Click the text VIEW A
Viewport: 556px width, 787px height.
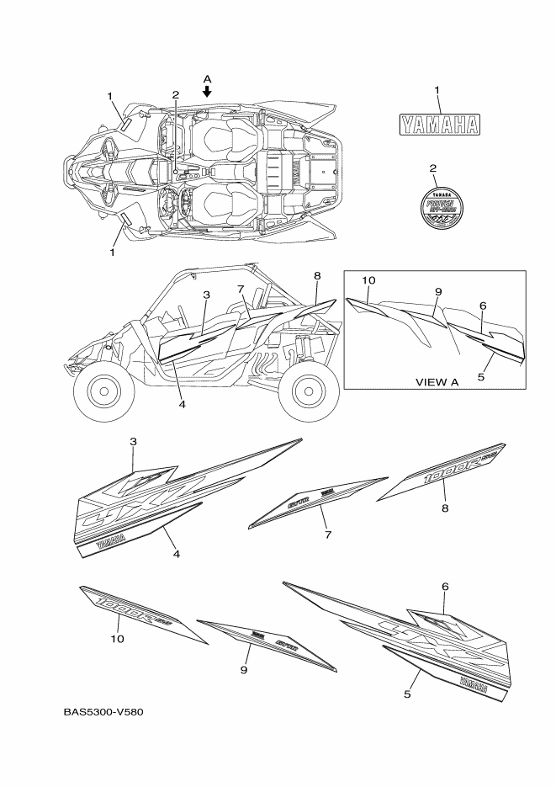[437, 381]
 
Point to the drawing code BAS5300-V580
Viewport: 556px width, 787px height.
[103, 711]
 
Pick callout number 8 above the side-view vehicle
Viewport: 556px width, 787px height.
[317, 276]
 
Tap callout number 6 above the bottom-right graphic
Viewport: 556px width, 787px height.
[445, 586]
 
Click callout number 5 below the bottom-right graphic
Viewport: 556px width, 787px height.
[408, 694]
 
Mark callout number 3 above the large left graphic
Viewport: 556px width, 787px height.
[133, 442]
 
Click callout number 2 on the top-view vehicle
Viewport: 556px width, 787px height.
[176, 95]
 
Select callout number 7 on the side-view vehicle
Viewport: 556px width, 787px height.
[241, 290]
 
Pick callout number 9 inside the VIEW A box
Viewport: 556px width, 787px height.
[438, 291]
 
